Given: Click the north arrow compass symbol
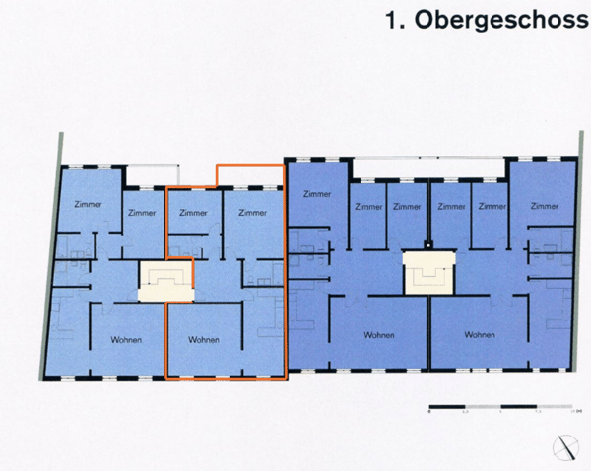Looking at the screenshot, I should pyautogui.click(x=568, y=445).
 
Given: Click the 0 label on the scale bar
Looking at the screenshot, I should pyautogui.click(x=430, y=414).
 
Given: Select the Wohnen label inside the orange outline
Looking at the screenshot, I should pyautogui.click(x=201, y=340).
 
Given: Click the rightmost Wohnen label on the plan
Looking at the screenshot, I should pyautogui.click(x=478, y=335).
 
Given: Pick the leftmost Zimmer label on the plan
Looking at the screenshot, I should pyautogui.click(x=89, y=203).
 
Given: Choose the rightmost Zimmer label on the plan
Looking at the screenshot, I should pyautogui.click(x=544, y=206).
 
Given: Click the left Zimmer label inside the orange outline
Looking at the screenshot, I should pyautogui.click(x=193, y=213).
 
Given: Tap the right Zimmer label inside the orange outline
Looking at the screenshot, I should pyautogui.click(x=253, y=213).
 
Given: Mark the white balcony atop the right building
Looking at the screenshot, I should pyautogui.click(x=429, y=169).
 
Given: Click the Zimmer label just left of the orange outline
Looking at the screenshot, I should pyautogui.click(x=142, y=213).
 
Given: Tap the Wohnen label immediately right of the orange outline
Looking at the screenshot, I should pyautogui.click(x=379, y=335).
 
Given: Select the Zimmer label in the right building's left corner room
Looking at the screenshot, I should pyautogui.click(x=317, y=193).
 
